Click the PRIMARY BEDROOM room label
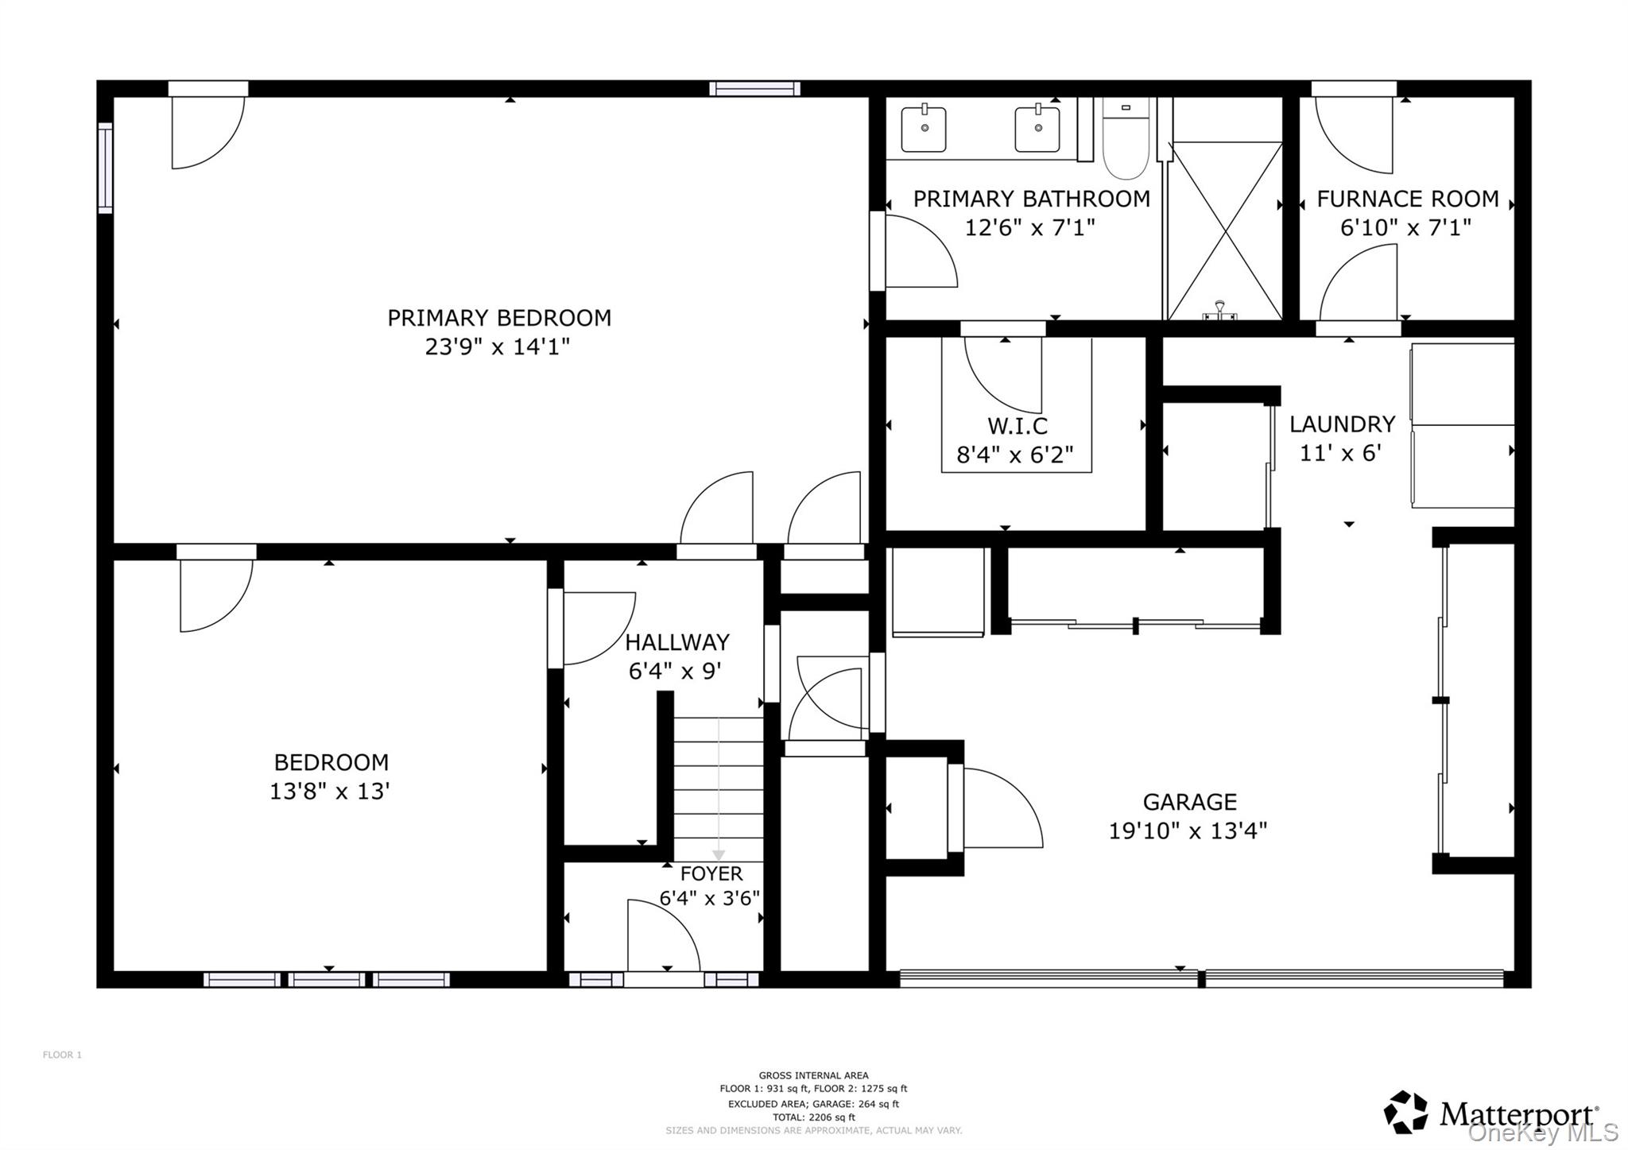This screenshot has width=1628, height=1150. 498,318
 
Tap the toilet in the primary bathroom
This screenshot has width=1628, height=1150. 1126,138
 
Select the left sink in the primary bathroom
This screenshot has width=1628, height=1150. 924,129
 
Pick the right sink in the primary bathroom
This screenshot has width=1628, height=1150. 1037,129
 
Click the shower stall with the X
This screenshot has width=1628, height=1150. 1225,230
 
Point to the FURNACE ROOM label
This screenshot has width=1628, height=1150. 1407,199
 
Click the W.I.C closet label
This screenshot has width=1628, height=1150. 1017,426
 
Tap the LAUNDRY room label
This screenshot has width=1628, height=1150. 1342,424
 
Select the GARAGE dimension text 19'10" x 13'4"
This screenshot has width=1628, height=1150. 1188,831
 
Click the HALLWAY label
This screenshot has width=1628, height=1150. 676,642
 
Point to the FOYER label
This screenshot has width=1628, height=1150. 711,873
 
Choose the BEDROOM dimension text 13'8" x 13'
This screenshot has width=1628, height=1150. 329,792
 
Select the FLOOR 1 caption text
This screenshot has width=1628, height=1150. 62,1055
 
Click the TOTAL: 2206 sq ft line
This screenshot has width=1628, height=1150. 813,1117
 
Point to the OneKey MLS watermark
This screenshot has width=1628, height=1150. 1542,1133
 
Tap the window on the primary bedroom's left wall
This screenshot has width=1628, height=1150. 105,168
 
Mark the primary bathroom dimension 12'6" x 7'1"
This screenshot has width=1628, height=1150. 1029,228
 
